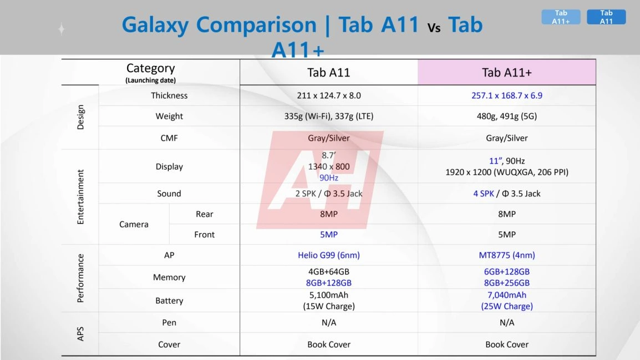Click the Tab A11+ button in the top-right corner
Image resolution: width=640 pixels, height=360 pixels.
[561, 17]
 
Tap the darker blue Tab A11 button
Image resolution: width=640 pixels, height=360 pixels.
[606, 17]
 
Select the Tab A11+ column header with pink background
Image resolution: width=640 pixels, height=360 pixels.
[506, 72]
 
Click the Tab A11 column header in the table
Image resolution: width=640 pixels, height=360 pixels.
[329, 72]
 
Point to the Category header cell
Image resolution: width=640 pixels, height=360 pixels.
[150, 72]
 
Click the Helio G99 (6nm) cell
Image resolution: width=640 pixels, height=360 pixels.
[329, 255]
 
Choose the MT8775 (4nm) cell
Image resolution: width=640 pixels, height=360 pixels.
[507, 255]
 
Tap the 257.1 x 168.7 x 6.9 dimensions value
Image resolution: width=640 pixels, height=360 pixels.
[507, 95]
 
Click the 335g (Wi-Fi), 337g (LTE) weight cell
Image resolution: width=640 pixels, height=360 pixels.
[329, 116]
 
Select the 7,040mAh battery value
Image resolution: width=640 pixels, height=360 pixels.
[507, 295]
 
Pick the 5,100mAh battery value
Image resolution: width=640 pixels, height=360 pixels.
[329, 295]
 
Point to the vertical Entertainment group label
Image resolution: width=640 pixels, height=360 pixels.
[80, 197]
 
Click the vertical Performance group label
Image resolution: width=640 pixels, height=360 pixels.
[80, 278]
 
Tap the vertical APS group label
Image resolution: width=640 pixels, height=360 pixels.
[80, 333]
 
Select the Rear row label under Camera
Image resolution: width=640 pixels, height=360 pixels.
[204, 214]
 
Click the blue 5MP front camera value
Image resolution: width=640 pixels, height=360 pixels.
[329, 235]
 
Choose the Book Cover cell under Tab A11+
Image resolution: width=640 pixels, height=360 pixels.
[507, 344]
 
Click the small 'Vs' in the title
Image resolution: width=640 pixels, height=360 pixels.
[434, 28]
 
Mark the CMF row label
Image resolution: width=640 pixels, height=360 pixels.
[169, 138]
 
